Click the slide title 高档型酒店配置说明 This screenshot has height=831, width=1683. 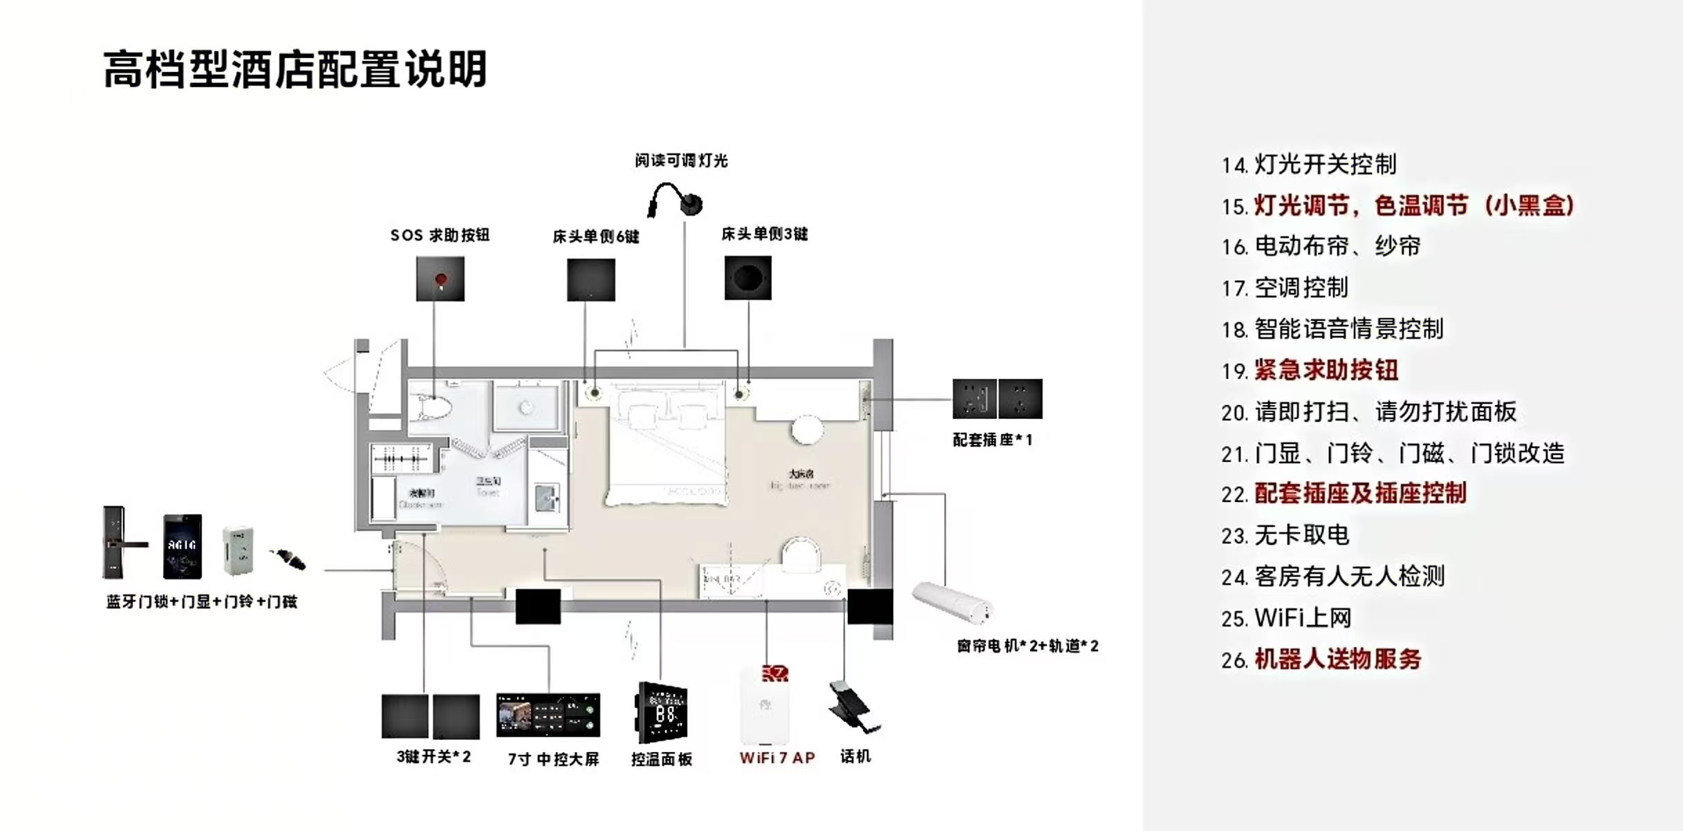(x=295, y=69)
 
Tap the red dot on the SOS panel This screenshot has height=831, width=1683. (x=440, y=279)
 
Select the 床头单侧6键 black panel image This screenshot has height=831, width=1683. (x=591, y=280)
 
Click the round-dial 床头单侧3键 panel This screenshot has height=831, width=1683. (x=747, y=278)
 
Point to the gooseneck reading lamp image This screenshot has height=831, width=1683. (x=675, y=200)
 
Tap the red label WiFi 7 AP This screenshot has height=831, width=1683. (x=777, y=758)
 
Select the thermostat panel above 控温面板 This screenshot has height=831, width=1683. (x=662, y=713)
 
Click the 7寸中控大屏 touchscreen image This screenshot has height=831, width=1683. (x=548, y=715)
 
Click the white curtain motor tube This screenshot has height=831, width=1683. (x=952, y=602)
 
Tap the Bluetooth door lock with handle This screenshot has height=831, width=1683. (x=118, y=543)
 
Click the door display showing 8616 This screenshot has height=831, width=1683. (x=183, y=546)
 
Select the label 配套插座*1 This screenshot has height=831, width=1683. (x=992, y=440)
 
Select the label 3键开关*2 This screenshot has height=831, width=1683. (x=434, y=757)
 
